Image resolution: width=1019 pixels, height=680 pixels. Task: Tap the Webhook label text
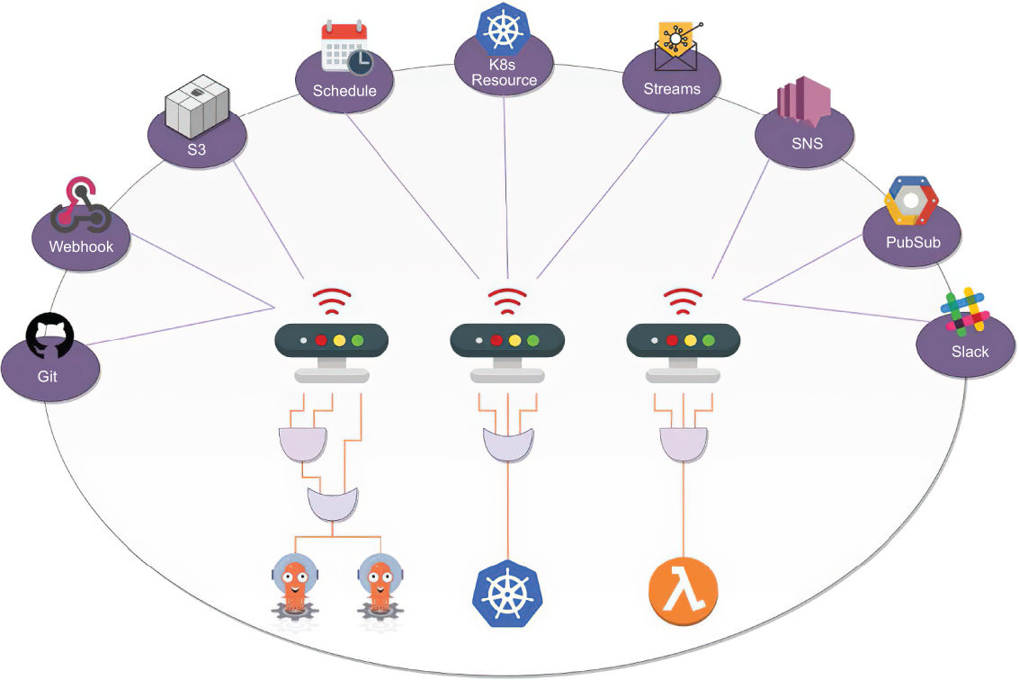(x=81, y=246)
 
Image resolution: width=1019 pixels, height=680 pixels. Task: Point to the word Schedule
(x=344, y=90)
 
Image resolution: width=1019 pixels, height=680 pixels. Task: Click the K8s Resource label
(x=505, y=72)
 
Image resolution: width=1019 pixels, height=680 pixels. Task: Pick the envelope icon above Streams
(x=676, y=46)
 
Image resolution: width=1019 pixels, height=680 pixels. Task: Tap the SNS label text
(x=807, y=143)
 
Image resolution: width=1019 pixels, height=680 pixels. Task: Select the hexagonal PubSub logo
(x=911, y=201)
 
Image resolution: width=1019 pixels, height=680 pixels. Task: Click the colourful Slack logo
(x=965, y=311)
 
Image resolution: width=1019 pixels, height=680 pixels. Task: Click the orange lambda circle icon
(x=683, y=592)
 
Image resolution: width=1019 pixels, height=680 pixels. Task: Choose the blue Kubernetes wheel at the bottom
(x=507, y=593)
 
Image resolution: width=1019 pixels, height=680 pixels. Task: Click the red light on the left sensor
(x=321, y=341)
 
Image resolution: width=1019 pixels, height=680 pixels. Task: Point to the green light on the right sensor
(x=709, y=341)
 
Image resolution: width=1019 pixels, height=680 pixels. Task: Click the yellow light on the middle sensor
(x=514, y=341)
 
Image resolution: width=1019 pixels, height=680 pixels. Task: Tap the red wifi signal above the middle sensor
(x=507, y=301)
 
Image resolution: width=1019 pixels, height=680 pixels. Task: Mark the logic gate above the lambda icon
(x=684, y=444)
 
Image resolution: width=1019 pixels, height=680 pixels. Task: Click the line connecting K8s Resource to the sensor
(x=505, y=188)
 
